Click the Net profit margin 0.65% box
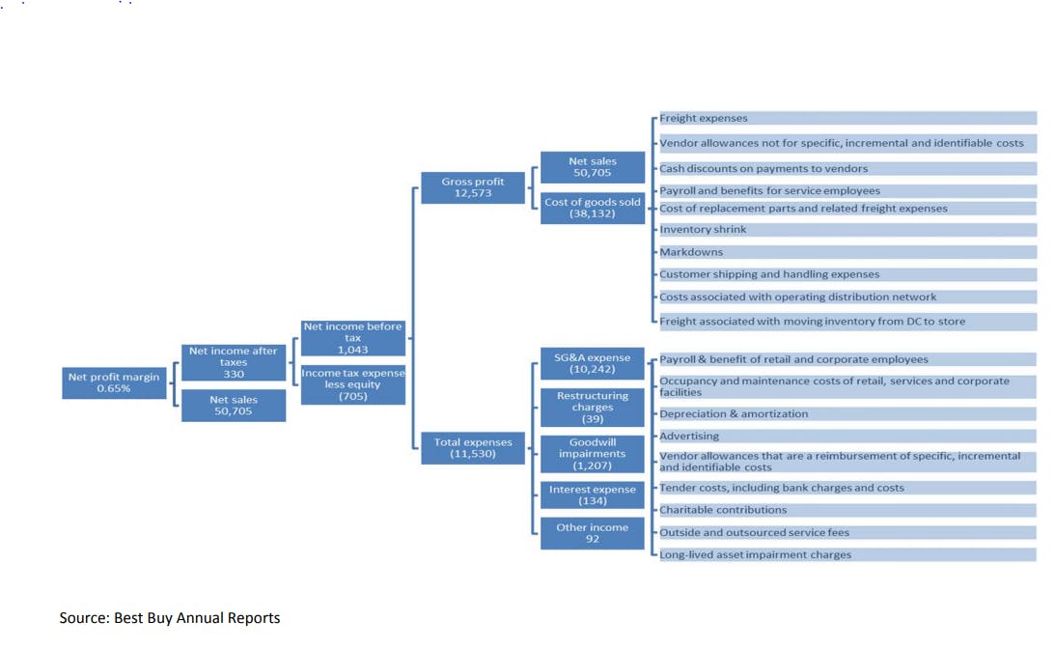tap(114, 382)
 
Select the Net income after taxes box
tap(234, 362)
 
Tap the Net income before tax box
tap(352, 337)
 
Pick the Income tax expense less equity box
tap(352, 384)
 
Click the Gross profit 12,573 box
tap(472, 187)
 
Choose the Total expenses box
tap(472, 448)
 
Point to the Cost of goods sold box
tap(592, 208)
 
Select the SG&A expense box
tap(592, 363)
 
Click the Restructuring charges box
tap(592, 407)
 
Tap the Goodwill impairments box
tap(592, 454)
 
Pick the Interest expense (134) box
tap(592, 495)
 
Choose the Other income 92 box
tap(592, 533)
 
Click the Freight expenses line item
tap(847, 118)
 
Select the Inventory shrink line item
tap(847, 230)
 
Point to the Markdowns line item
tap(847, 252)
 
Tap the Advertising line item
tap(847, 436)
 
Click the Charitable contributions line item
tap(847, 510)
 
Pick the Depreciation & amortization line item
tap(847, 413)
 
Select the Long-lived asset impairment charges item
tap(847, 554)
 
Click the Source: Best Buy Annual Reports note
tap(170, 618)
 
